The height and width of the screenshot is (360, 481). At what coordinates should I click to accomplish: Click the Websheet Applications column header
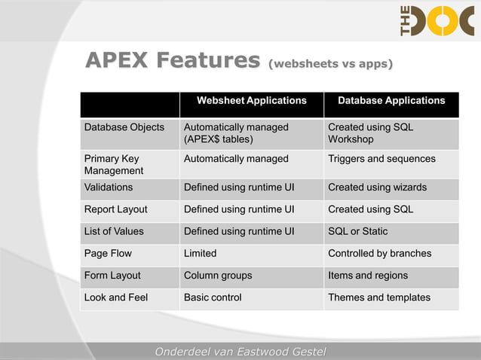pos(251,100)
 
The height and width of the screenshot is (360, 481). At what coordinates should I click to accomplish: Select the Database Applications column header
pos(391,100)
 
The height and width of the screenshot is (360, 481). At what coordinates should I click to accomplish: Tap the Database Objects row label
pos(124,127)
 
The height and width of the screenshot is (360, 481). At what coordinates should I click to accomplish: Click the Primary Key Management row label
pos(114,165)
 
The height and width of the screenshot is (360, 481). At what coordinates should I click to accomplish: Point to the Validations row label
pos(109,188)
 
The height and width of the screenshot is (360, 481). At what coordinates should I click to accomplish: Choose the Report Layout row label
pos(116,209)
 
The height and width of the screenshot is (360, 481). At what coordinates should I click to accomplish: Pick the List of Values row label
pos(114,231)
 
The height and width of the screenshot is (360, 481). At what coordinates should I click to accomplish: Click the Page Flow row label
pos(108,253)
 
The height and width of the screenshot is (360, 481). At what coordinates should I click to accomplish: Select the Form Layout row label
pos(112,276)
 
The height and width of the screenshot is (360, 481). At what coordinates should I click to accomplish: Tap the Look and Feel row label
pos(116,297)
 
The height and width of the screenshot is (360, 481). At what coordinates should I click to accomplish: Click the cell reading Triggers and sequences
pos(381,159)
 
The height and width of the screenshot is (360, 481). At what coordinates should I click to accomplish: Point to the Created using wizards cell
pos(377,188)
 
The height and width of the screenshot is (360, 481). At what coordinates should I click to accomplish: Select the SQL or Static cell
pos(358,231)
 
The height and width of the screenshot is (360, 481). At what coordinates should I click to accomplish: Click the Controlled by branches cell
pos(380,253)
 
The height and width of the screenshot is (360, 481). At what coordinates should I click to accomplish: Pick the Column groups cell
pos(218,276)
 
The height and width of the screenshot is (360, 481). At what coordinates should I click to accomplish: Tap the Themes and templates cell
pos(379,297)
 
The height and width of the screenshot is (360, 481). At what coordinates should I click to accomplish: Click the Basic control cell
pos(213,297)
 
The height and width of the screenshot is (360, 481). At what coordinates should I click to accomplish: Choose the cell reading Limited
pos(201,253)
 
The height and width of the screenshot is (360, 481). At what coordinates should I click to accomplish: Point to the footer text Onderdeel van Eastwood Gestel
pos(240,352)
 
